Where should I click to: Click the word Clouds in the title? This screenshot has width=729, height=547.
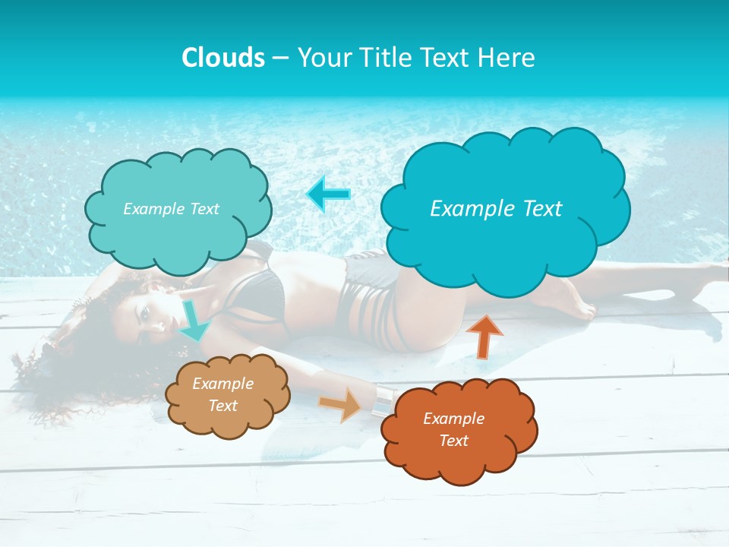tap(223, 58)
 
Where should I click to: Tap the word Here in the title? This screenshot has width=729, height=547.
tap(508, 58)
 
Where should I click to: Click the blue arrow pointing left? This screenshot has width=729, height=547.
tap(329, 194)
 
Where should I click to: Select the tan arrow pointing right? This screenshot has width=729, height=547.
tap(341, 404)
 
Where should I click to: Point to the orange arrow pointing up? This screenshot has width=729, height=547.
tap(484, 335)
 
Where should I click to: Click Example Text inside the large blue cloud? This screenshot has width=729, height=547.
tap(496, 208)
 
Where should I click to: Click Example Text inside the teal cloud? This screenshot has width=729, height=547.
tap(171, 208)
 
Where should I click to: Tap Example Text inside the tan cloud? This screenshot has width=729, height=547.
tap(223, 394)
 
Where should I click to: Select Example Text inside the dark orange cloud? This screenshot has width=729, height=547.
tap(453, 429)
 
